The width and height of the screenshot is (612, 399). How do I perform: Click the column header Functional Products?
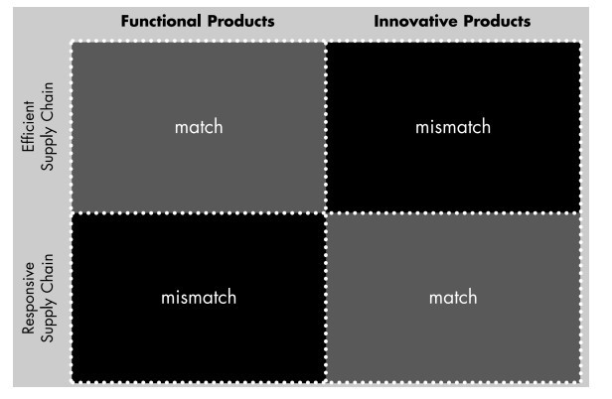[x=198, y=21]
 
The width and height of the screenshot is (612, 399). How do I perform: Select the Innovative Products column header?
[x=452, y=21]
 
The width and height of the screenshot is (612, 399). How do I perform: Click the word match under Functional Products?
[x=199, y=127]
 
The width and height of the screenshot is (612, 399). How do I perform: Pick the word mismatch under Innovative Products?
[x=453, y=127]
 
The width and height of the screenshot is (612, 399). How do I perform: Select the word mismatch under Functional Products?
[x=199, y=297]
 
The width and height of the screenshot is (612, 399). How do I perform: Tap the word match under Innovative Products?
[x=453, y=297]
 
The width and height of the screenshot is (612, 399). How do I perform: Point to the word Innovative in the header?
[x=415, y=21]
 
